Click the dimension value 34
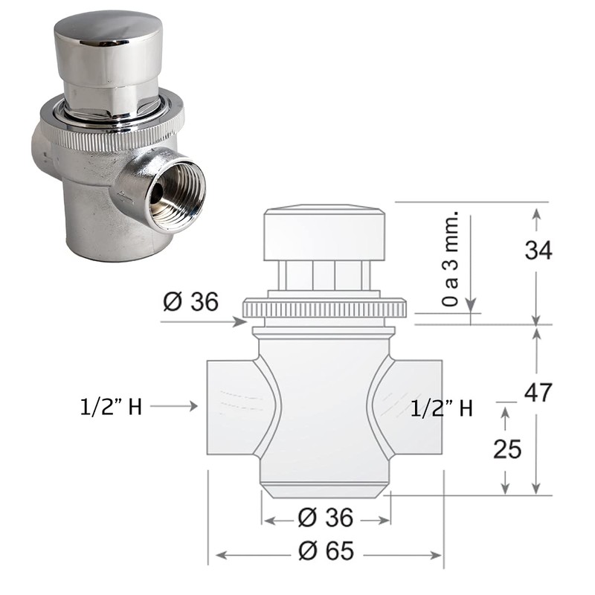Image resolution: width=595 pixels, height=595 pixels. (538, 250)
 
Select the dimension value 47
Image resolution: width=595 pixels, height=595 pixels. (538, 391)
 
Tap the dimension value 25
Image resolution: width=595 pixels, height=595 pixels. (506, 448)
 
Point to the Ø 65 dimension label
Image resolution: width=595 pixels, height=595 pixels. (325, 551)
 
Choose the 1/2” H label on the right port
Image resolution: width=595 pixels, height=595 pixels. (442, 408)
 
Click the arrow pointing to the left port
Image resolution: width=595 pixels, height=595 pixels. (178, 406)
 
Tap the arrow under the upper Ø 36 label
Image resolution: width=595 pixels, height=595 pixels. (205, 322)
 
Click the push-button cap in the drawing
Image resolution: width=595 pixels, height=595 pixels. (325, 234)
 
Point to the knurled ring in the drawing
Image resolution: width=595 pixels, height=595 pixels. (325, 308)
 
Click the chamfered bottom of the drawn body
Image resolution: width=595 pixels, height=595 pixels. (325, 491)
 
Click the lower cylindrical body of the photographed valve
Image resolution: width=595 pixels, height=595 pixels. (104, 223)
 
